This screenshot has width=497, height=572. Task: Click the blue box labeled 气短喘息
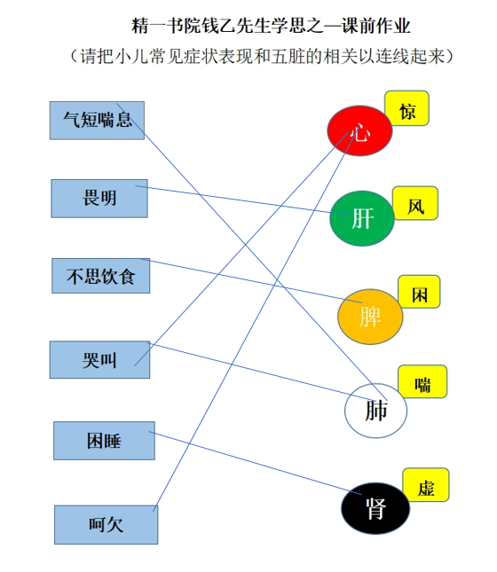tap(97, 121)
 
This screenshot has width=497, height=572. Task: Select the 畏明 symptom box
tap(99, 199)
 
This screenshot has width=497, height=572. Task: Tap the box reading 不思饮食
tap(101, 276)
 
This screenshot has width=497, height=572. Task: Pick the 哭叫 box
tap(99, 360)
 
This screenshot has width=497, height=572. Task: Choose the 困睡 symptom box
tap(104, 441)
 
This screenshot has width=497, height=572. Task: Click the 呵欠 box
tap(106, 525)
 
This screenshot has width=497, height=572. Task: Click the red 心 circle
tap(359, 131)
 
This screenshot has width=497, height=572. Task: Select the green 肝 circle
tap(362, 218)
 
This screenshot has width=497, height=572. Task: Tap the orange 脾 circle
tap(370, 317)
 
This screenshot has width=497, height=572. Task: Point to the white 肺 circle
tap(375, 411)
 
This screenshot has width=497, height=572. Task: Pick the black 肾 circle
tap(375, 508)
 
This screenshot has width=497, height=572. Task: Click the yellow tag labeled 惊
tap(406, 108)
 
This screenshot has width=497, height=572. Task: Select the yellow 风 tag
tap(415, 203)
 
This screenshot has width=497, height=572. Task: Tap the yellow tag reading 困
tap(419, 292)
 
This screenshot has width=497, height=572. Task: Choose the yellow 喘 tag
tap(422, 381)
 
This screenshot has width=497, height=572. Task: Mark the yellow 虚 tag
tap(426, 485)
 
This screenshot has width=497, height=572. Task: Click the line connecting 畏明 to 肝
tap(242, 200)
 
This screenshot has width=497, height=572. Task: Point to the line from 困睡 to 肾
tap(255, 463)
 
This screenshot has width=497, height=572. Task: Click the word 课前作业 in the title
tap(376, 27)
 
